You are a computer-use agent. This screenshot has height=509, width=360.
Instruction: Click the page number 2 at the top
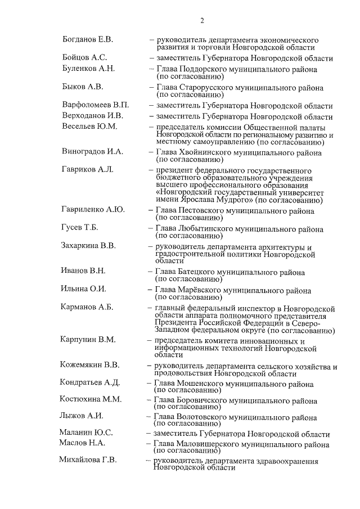201,21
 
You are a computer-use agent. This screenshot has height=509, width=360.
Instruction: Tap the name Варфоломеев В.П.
96,106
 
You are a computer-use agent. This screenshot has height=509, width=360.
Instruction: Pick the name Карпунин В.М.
88,340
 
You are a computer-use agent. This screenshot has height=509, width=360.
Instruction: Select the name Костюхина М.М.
90,399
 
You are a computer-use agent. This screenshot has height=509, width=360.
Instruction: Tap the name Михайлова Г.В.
88,460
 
